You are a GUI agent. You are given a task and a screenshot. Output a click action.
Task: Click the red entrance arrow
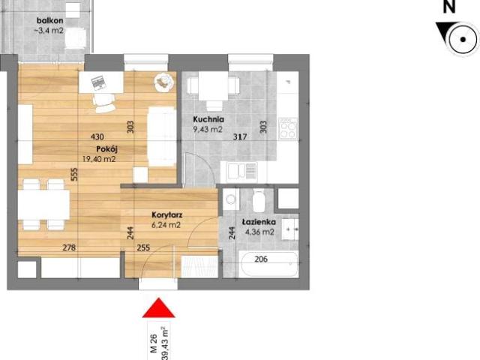click(x=158, y=309)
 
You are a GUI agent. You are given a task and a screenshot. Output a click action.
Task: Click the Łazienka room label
click(x=259, y=223)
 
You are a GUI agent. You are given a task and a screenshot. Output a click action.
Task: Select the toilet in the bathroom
click(x=259, y=201)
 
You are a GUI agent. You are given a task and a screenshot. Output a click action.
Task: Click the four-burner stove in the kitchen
click(x=288, y=129)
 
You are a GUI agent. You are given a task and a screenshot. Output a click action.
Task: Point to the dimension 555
click(x=74, y=174)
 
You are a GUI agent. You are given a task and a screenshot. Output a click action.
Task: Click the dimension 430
click(x=97, y=137)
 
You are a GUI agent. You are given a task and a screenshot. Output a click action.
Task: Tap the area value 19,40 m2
click(x=99, y=159)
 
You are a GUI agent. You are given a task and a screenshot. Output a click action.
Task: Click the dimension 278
click(x=69, y=247)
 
